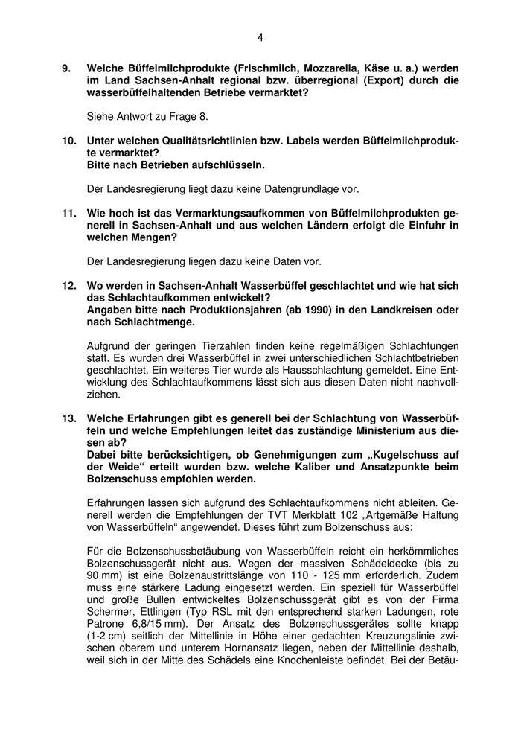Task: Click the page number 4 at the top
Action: click(x=260, y=36)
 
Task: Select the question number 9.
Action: click(x=65, y=67)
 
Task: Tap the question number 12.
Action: click(x=68, y=286)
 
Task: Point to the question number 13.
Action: click(x=68, y=418)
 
